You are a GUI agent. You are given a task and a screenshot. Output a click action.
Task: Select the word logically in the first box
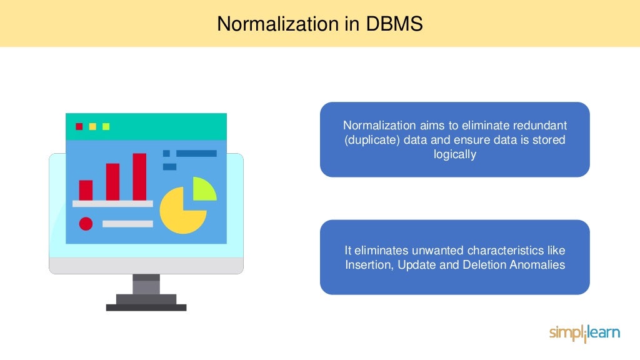click(455, 154)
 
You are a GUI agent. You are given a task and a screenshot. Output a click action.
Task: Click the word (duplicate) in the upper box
click(371, 139)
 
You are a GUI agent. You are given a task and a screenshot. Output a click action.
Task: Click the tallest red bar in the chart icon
click(139, 177)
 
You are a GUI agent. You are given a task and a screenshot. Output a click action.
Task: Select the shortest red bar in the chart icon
click(86, 190)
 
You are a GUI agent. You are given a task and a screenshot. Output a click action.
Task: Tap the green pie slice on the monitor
click(204, 188)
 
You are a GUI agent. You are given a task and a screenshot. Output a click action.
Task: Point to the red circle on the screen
click(86, 223)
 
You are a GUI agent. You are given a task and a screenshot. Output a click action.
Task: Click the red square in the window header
click(79, 126)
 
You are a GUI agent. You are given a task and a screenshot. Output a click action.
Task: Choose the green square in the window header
click(106, 126)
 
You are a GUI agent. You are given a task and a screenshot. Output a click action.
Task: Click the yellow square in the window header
click(92, 126)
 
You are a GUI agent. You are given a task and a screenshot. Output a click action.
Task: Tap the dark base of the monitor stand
click(146, 307)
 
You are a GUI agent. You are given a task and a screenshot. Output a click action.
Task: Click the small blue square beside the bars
click(166, 153)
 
